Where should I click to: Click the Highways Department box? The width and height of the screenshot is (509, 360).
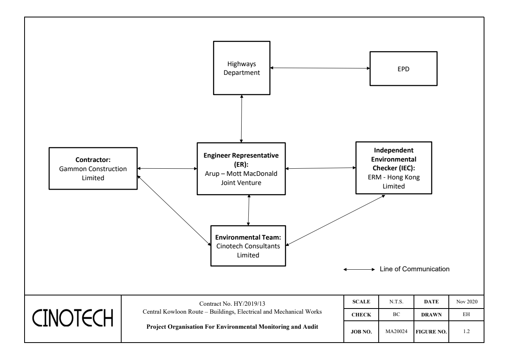point(241,68)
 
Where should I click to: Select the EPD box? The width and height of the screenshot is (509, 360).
point(403,69)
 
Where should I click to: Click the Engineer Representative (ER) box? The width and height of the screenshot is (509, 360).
point(241,169)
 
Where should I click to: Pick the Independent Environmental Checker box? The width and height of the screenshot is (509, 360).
point(394,168)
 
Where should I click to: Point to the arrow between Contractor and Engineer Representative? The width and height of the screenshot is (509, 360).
point(167,169)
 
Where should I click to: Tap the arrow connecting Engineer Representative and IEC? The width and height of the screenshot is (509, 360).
point(320,168)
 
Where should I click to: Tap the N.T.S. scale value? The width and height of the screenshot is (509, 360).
point(397,302)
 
